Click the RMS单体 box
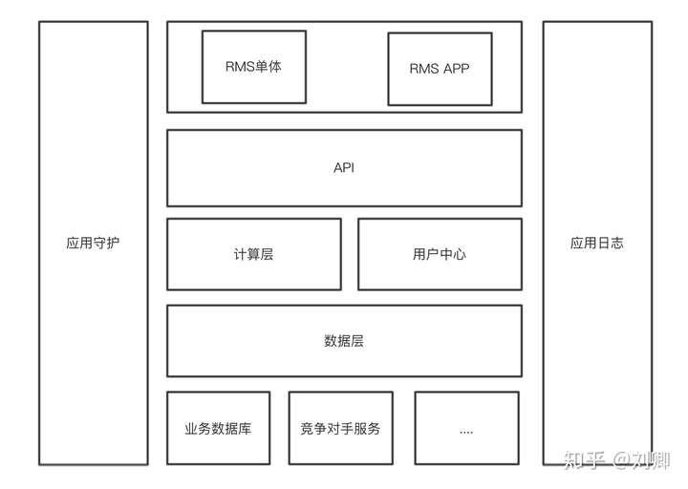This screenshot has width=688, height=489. point(253,67)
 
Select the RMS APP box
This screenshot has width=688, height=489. point(440,69)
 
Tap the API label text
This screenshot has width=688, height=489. point(344,168)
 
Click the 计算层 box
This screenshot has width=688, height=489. point(253,254)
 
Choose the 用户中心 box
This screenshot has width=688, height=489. point(440,254)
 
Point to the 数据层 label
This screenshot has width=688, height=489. point(344,341)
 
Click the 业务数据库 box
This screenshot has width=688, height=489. point(218,428)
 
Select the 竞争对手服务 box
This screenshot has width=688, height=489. point(340,428)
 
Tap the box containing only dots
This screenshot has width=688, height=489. point(466,428)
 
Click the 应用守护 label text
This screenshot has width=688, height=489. point(93,243)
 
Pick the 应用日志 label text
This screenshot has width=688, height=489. point(596,243)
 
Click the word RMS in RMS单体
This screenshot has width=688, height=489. point(240,67)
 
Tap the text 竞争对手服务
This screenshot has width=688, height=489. point(340,428)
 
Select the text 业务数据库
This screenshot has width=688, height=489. point(218,428)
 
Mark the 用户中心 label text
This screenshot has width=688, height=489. point(440,254)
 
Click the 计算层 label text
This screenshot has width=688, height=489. point(253,254)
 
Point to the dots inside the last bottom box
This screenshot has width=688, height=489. point(466,431)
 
